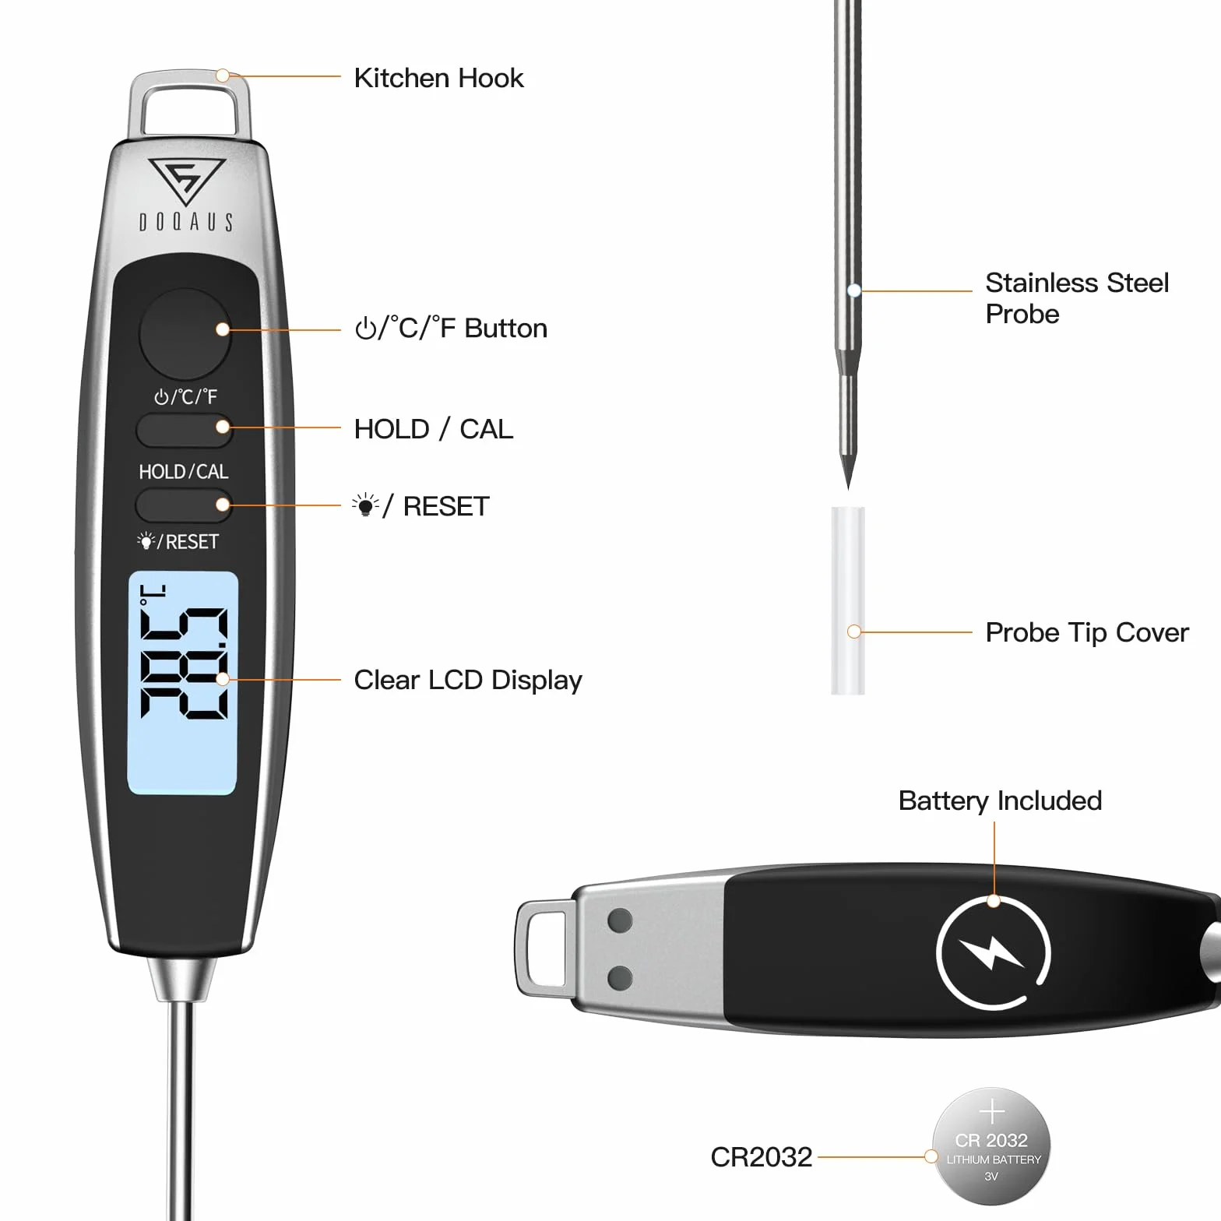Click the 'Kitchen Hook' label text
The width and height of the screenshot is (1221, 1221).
(438, 78)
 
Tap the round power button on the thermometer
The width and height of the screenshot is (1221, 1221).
(185, 334)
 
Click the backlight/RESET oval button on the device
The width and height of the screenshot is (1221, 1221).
(184, 505)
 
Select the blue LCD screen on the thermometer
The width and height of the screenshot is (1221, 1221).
(183, 683)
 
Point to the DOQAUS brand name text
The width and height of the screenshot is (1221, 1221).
(186, 223)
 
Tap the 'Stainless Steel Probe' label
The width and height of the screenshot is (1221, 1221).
(1077, 298)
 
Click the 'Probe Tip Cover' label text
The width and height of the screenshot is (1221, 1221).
(1087, 632)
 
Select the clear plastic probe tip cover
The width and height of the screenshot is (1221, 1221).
(848, 600)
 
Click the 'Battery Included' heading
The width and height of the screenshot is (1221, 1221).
(1000, 801)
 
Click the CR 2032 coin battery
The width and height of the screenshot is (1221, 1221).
(991, 1146)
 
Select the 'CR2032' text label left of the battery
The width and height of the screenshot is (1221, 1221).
(761, 1157)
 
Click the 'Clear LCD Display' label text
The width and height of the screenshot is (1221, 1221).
(468, 680)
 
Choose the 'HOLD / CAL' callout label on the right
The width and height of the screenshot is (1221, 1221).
(434, 429)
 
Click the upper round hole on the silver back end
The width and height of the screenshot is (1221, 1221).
(620, 920)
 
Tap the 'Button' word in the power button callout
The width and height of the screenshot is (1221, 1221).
(506, 328)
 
